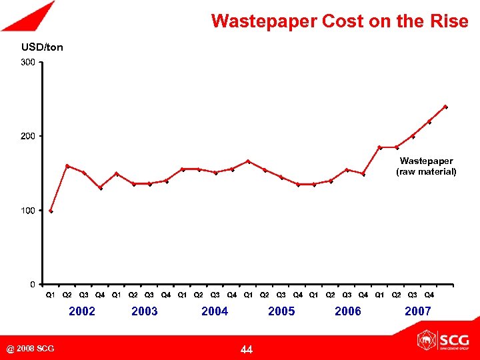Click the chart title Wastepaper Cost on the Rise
339,21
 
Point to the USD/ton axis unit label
42,47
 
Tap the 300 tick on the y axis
27,63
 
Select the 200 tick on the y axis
27,136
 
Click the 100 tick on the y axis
27,211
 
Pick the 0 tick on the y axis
32,285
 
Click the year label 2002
82,311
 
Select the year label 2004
215,311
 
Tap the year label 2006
347,311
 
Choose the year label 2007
417,311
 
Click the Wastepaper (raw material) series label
426,166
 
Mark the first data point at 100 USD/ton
51,211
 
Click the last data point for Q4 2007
445,107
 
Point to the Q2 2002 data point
67,166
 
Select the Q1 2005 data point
248,161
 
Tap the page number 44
246,349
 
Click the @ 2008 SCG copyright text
31,349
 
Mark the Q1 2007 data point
380,147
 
